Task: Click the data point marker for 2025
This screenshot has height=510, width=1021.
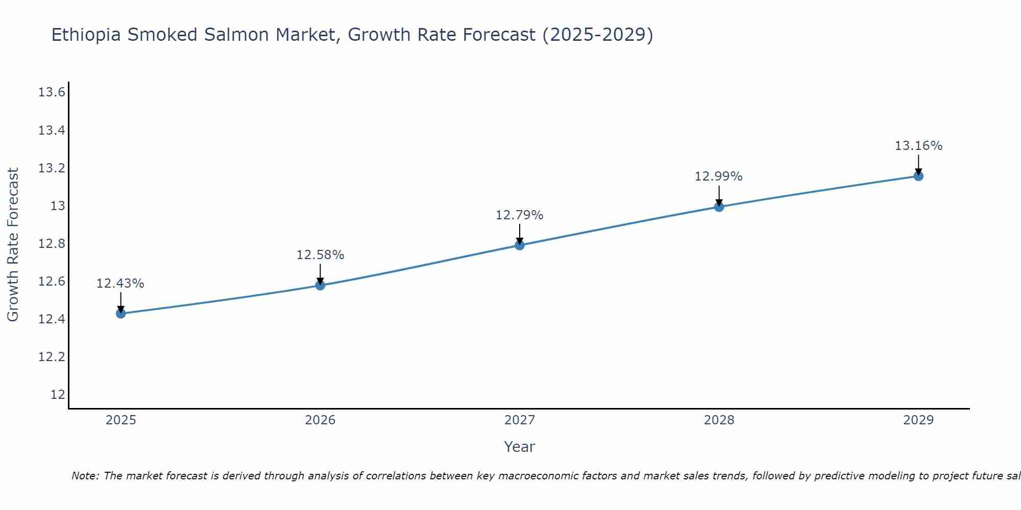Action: coord(121,313)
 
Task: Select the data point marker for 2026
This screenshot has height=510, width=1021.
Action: coord(320,285)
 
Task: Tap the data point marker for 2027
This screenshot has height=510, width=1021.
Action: coord(520,245)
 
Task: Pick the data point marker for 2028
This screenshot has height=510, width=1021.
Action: coord(719,207)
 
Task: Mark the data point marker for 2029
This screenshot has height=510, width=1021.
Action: coord(918,176)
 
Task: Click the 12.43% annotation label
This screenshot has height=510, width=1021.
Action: coord(120,284)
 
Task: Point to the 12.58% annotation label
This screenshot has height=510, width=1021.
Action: coord(320,255)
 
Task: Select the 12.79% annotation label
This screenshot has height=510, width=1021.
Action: coord(520,215)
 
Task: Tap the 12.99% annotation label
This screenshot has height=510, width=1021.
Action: coord(719,176)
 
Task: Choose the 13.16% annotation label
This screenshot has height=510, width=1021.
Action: coord(918,146)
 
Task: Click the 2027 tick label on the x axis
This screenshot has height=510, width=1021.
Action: coord(520,420)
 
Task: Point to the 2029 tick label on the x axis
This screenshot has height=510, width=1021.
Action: coord(918,420)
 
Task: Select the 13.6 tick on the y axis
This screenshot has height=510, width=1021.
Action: coord(52,93)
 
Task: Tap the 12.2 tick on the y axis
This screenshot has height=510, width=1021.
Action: coord(52,357)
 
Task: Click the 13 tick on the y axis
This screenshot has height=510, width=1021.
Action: coord(57,206)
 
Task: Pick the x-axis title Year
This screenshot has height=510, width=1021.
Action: coord(520,447)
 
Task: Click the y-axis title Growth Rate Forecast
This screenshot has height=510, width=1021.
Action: coord(13,245)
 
